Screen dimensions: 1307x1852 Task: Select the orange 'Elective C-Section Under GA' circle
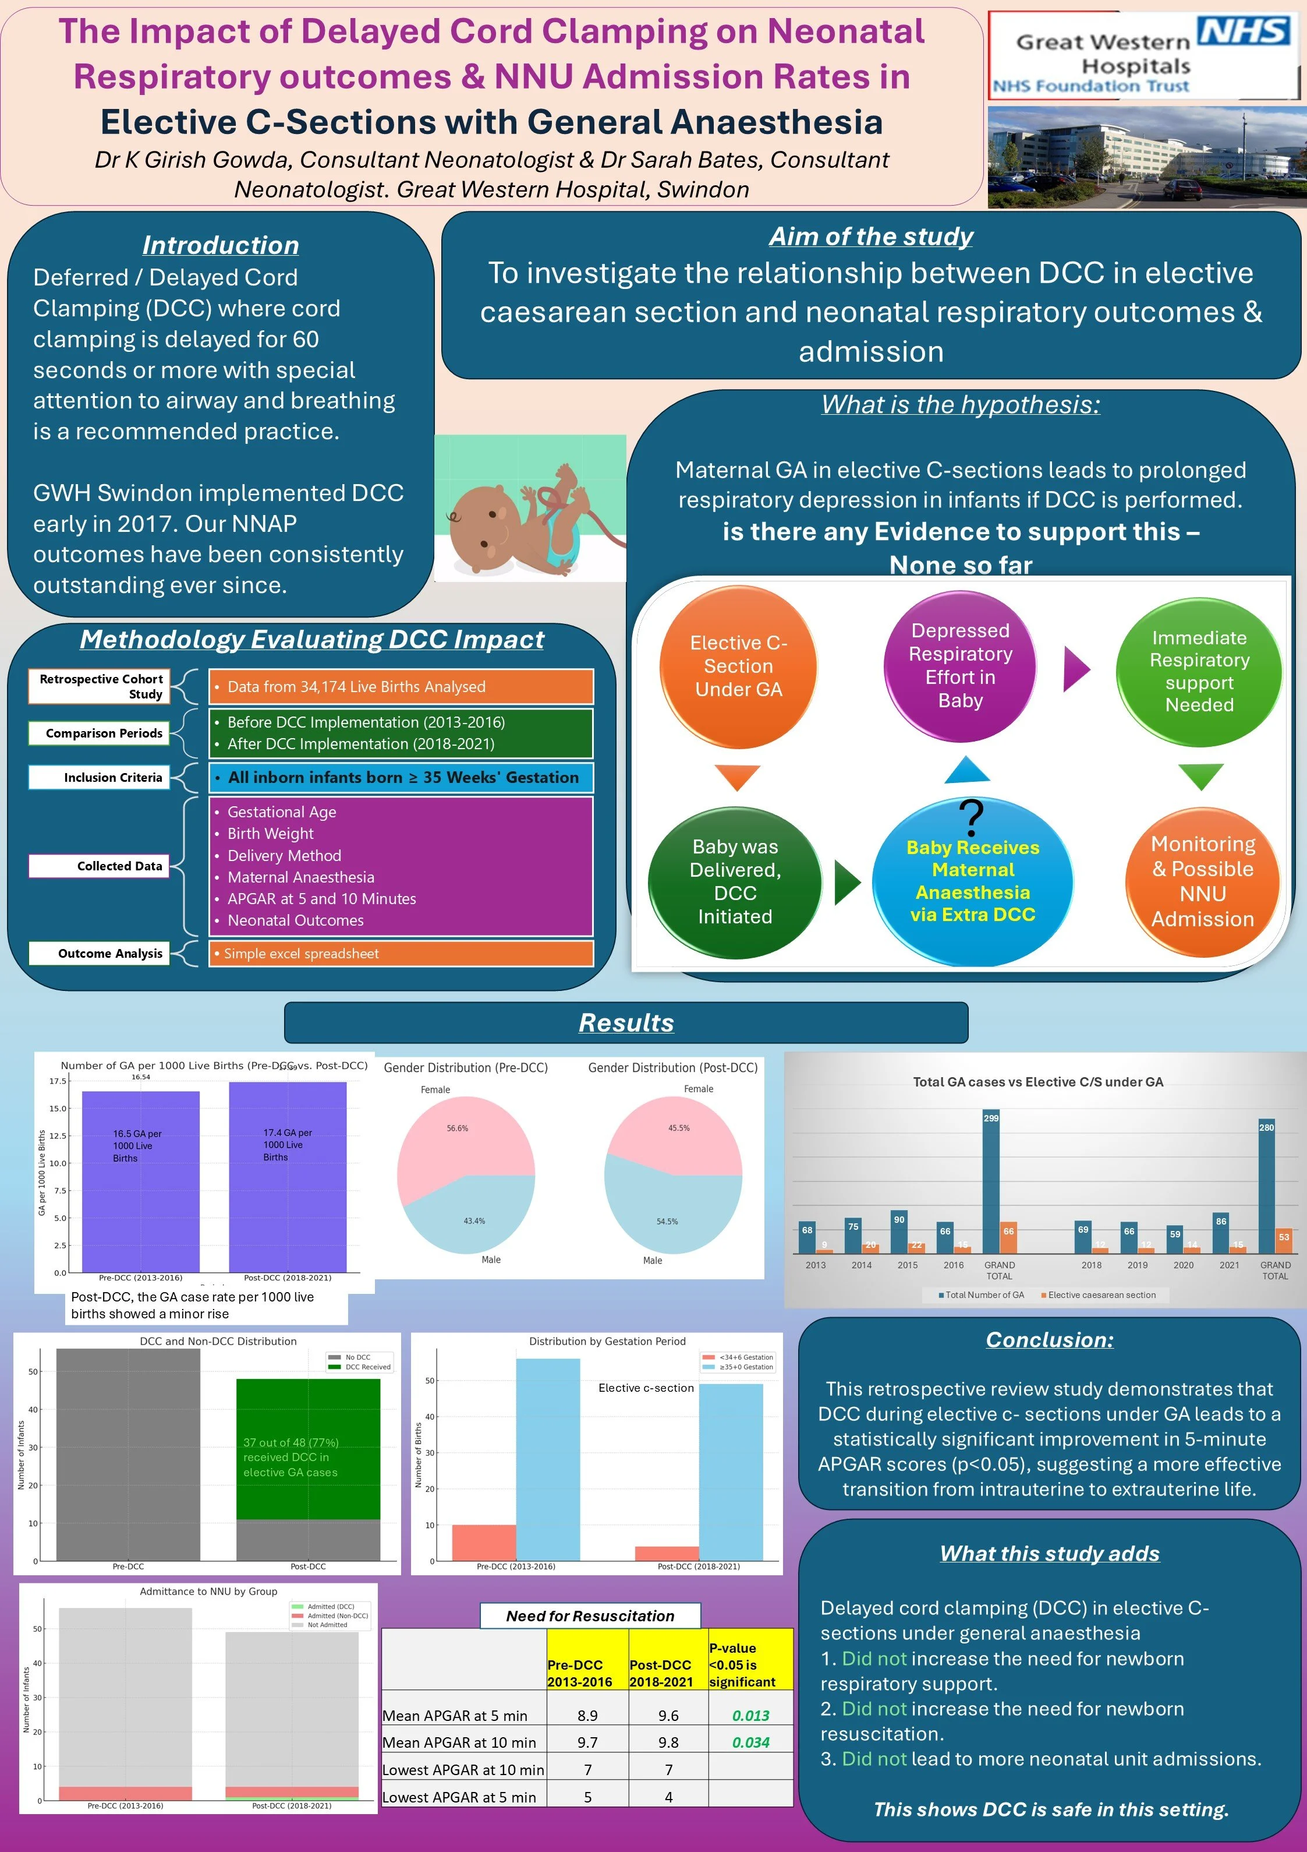(738, 666)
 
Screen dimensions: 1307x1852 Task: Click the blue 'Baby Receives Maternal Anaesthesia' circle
(972, 881)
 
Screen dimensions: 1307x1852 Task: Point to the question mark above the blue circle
(972, 817)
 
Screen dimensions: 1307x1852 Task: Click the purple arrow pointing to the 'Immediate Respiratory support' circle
(1076, 669)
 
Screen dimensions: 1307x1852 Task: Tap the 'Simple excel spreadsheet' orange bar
(401, 954)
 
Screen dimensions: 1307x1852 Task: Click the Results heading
(626, 1023)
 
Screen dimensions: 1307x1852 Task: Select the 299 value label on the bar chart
(991, 1118)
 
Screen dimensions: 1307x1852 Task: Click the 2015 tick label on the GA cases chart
(907, 1265)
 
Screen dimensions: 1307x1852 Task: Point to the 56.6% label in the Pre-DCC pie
(457, 1128)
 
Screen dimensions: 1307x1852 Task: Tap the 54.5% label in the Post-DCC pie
(667, 1221)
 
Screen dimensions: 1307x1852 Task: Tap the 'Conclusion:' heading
(1049, 1340)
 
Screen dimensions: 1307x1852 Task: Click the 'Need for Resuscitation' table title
(590, 1615)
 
